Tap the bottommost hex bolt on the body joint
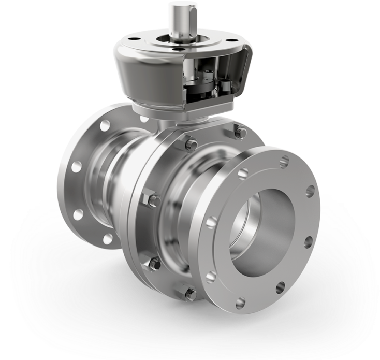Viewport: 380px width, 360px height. pyautogui.click(x=190, y=294)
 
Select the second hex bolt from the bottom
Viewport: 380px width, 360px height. pyautogui.click(x=154, y=264)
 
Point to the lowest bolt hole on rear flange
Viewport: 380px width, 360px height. pyautogui.click(x=108, y=239)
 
